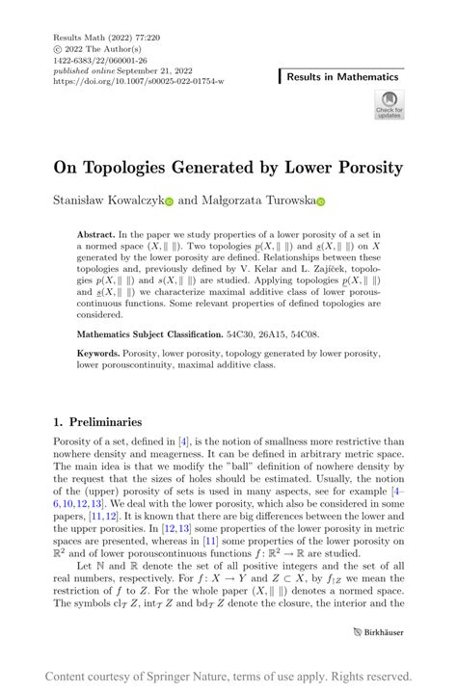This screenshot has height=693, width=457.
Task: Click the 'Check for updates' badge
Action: (x=389, y=106)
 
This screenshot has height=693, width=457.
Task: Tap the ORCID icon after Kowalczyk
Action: (x=169, y=203)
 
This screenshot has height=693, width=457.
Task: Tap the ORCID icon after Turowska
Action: (x=321, y=203)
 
